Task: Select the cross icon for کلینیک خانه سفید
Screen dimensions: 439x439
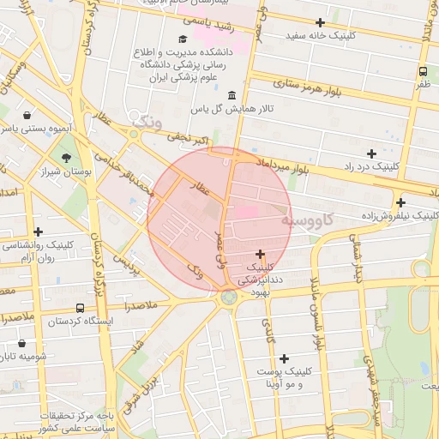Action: [321, 22]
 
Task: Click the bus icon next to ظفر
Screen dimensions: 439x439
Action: [424, 71]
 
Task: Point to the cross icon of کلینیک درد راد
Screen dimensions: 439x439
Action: [371, 153]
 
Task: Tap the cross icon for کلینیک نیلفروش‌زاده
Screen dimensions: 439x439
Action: [400, 202]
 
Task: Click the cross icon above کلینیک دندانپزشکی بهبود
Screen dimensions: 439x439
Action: [260, 254]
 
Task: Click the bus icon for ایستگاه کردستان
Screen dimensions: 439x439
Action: [80, 308]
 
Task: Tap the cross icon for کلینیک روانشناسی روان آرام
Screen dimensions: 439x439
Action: [38, 232]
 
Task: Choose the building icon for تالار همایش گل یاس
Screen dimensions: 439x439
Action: [233, 95]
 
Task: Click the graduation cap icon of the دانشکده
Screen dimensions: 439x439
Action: [182, 39]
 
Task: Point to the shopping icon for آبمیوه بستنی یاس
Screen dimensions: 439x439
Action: [27, 114]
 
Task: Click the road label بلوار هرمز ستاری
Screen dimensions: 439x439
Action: [308, 86]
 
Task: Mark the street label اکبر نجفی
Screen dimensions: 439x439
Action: [188, 136]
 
